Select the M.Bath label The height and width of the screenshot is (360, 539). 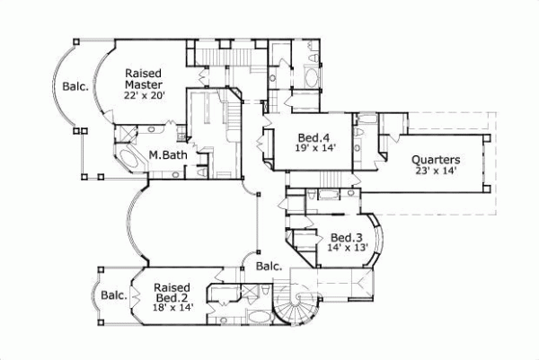168,154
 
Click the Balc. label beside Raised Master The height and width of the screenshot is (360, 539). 75,87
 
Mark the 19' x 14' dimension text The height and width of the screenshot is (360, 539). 316,149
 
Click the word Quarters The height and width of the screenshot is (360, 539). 437,159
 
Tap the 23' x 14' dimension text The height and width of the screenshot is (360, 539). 437,171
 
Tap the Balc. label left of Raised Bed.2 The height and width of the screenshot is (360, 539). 112,294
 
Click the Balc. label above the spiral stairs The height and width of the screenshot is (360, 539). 269,266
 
